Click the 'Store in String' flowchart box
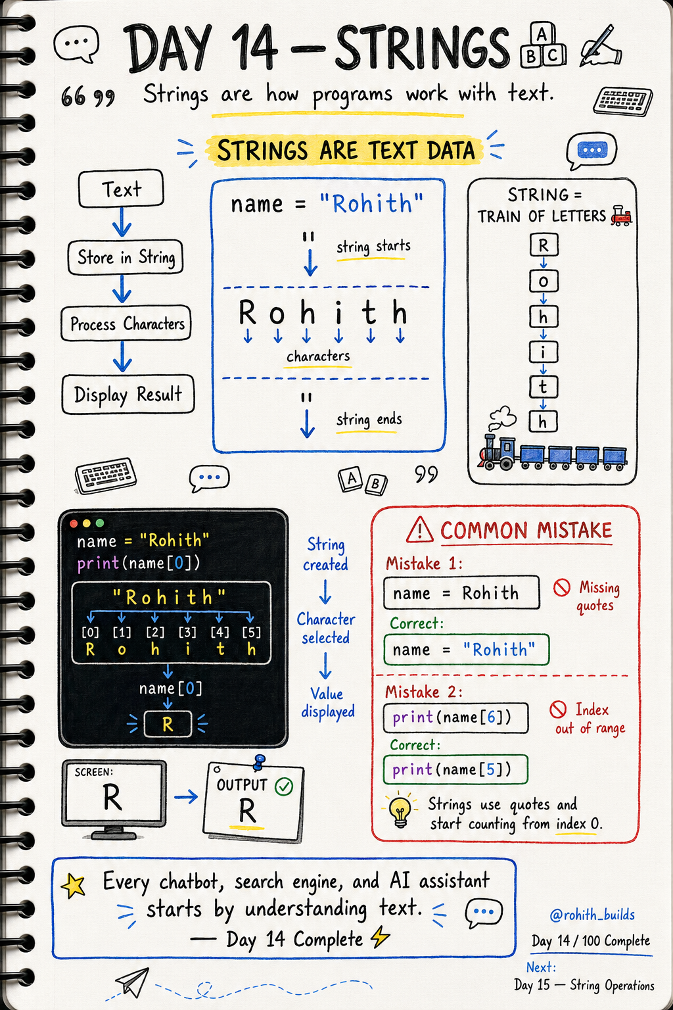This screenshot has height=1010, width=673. pos(126,257)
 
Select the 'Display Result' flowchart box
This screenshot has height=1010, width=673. pos(128,395)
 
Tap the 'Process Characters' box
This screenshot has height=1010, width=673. pos(126,324)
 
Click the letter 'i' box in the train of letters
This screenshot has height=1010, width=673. pos(543,352)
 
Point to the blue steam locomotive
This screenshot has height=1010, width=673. pos(499,452)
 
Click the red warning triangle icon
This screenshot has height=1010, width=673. pos(420,529)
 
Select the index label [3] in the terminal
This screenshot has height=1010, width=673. pos(187,632)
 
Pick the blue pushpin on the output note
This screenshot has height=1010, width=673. pos(259,762)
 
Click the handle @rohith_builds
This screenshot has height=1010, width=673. pos(592,915)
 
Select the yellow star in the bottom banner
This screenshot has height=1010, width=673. pos(73,884)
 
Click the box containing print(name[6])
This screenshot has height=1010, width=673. pos(455,718)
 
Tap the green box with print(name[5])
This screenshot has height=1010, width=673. pos(455,770)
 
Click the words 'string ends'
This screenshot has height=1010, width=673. pos(369,420)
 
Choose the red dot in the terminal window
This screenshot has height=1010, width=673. pos(74,523)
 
